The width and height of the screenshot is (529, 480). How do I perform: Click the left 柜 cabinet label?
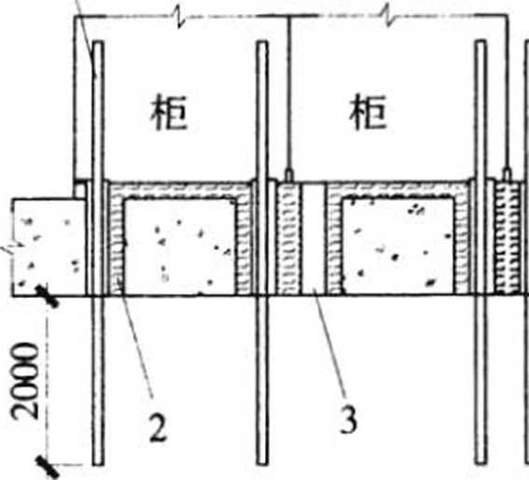click(168, 112)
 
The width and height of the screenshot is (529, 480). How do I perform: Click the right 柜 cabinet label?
click(368, 112)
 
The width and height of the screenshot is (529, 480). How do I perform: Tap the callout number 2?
click(159, 427)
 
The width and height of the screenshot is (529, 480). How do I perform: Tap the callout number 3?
click(348, 419)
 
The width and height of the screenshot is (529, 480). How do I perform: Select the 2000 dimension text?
click(24, 380)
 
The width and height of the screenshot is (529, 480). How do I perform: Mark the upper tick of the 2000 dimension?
click(48, 296)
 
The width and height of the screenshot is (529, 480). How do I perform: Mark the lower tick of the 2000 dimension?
click(48, 467)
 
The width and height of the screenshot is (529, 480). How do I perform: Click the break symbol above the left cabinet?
click(179, 17)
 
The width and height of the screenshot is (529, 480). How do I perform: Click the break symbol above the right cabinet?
click(390, 17)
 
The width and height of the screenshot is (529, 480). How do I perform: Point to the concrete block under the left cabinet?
click(180, 247)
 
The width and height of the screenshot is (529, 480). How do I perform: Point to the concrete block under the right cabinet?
click(397, 247)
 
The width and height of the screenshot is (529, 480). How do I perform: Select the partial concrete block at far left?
click(49, 247)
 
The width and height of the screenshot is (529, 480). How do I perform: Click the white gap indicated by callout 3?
click(313, 238)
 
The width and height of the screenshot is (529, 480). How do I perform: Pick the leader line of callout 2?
click(137, 342)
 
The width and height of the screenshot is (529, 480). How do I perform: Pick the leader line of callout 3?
click(330, 341)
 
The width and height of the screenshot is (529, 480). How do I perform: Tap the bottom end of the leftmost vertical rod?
click(98, 464)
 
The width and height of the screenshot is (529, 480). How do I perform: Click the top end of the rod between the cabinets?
click(262, 42)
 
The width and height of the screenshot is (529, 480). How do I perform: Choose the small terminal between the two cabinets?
click(289, 176)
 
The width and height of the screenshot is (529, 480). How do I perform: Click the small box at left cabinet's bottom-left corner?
click(80, 190)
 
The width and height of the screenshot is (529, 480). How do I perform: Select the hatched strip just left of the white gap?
click(287, 238)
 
